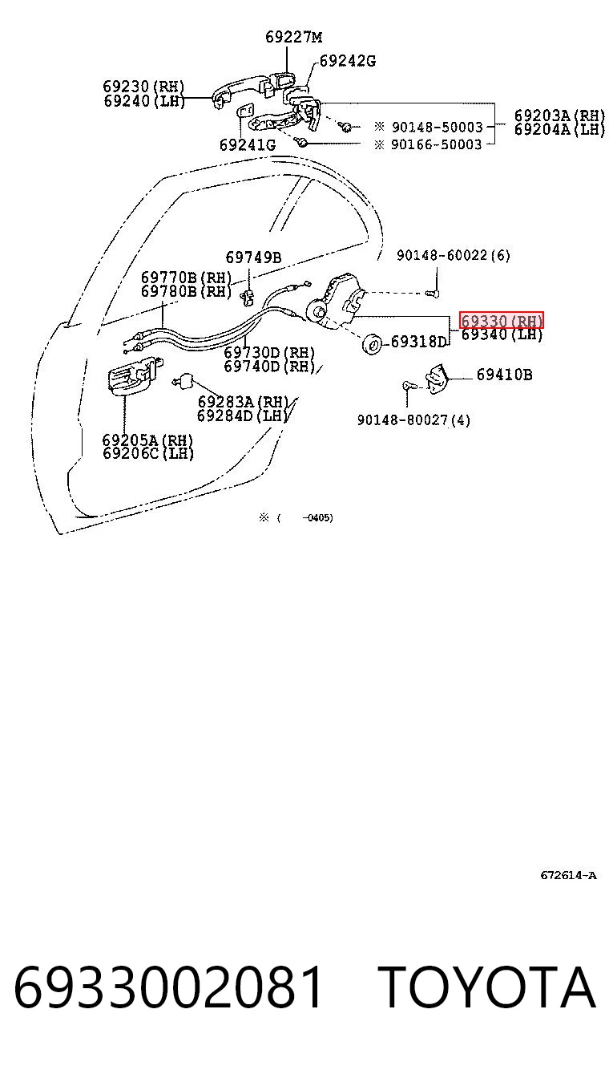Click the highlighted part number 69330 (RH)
(501, 320)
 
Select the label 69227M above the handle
(293, 37)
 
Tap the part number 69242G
(348, 61)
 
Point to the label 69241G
(248, 144)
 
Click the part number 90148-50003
(438, 127)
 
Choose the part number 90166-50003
(436, 144)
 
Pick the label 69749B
(253, 257)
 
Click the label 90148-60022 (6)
(454, 255)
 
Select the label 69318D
(418, 342)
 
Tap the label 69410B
(505, 375)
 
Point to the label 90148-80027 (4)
(413, 419)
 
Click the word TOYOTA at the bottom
(487, 987)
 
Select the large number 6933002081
(168, 987)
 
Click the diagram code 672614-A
(568, 875)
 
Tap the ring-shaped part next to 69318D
(372, 344)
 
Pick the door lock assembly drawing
(336, 302)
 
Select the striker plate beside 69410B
(437, 379)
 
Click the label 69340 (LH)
(502, 334)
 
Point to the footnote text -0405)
(318, 518)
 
